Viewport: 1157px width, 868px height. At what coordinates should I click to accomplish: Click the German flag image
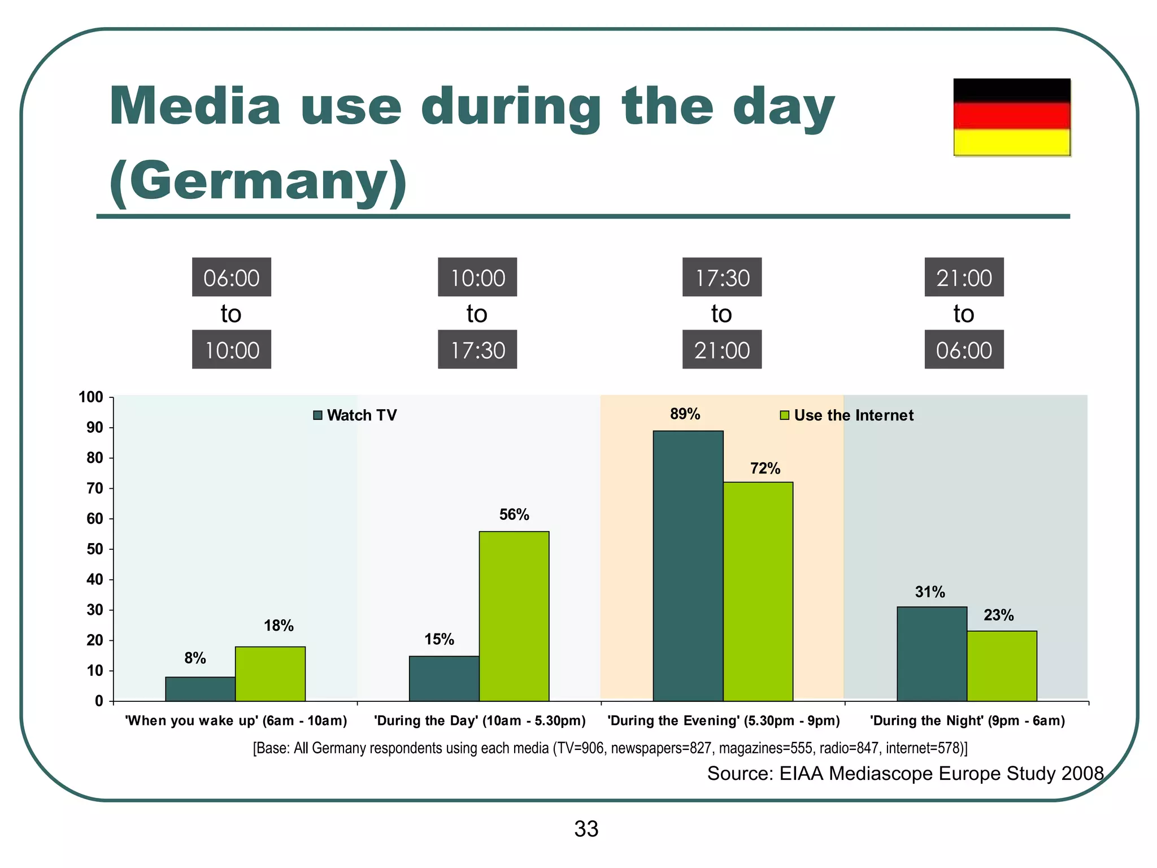pos(1012,117)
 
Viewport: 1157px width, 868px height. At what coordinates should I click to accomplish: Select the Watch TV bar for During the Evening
pos(688,566)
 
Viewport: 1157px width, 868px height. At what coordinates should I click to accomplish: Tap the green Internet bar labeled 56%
pos(514,616)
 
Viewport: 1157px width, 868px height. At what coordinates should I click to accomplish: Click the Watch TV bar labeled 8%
pos(200,689)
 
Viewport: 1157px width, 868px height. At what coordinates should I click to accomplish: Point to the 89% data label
pos(685,414)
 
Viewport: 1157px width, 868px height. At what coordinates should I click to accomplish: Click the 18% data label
pos(279,626)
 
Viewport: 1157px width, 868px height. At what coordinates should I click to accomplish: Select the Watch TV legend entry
pos(355,415)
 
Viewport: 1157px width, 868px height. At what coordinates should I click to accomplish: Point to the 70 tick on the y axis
pos(95,488)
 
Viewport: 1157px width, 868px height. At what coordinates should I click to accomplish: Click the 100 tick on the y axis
pos(91,397)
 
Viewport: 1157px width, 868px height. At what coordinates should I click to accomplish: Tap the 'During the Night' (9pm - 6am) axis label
pos(967,721)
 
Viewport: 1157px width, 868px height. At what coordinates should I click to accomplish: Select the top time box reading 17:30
pos(721,277)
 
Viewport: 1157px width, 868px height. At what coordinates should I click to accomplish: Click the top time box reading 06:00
pos(231,277)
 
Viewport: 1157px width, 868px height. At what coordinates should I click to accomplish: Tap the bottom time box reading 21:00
pos(721,350)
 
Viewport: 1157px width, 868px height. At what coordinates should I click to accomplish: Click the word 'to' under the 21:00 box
pos(963,314)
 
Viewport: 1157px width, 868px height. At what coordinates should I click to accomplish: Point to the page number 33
pos(586,829)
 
